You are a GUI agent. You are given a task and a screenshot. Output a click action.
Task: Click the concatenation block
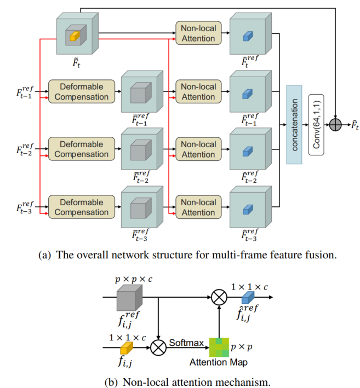click(294, 125)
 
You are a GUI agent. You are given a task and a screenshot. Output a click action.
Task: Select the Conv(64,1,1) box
click(317, 125)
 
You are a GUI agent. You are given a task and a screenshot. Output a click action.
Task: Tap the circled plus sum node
click(334, 125)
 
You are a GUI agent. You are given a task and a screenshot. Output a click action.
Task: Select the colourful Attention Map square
click(219, 348)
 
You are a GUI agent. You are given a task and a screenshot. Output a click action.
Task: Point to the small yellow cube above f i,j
click(127, 346)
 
